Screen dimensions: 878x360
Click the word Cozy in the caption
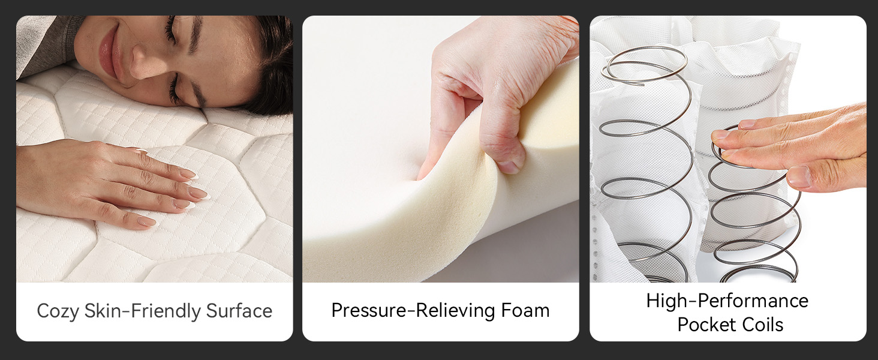click(x=58, y=311)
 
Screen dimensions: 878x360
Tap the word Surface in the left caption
click(x=239, y=311)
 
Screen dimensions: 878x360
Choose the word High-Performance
click(x=727, y=301)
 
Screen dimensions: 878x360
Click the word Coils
click(x=762, y=325)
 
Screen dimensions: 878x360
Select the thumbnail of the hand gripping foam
click(x=509, y=167)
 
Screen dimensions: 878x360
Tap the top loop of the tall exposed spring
click(x=644, y=65)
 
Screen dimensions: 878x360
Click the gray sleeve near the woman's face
click(x=44, y=43)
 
